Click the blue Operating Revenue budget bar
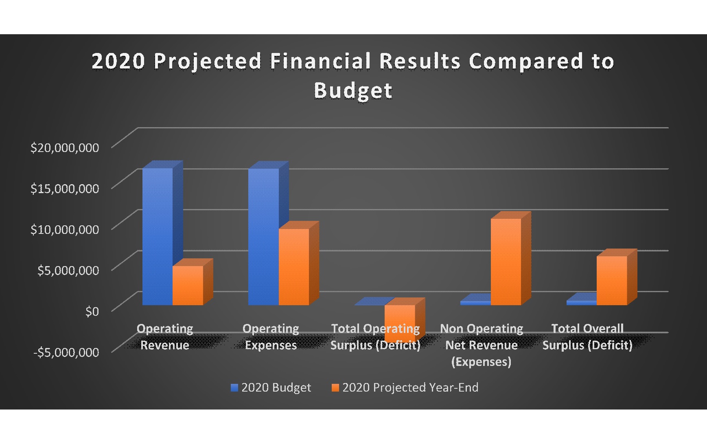point(157,236)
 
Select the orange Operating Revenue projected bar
point(188,285)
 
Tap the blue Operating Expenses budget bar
point(263,236)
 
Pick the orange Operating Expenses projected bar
point(293,267)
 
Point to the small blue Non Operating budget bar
point(475,303)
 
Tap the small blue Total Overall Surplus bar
point(581,302)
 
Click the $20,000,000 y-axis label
point(64,148)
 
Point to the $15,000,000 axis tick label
point(64,188)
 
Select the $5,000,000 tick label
point(68,270)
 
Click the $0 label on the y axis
point(92,311)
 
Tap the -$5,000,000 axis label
point(66,352)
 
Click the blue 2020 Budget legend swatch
point(234,388)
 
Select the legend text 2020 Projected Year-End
point(410,388)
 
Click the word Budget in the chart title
point(353,90)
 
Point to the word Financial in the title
point(320,61)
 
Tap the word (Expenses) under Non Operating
point(481,362)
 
